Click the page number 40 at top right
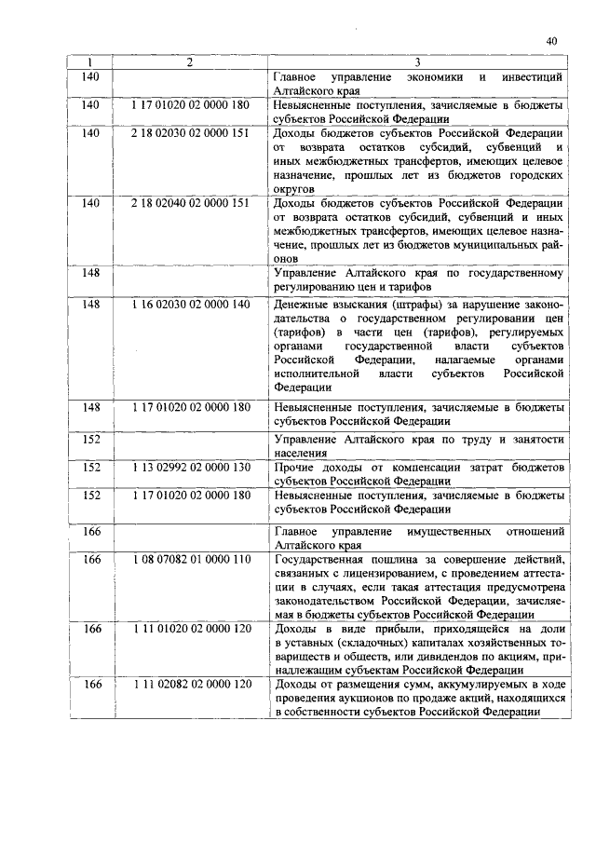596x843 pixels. click(x=551, y=41)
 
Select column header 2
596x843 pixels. click(x=190, y=62)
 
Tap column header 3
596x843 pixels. click(x=416, y=62)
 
